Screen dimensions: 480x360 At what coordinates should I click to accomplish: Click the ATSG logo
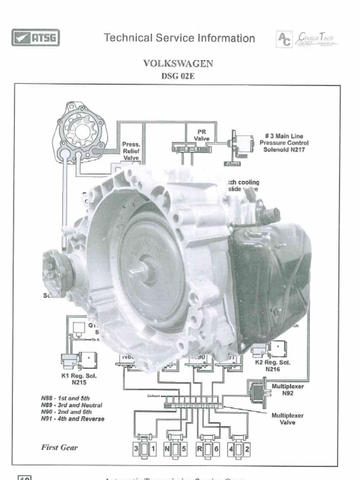point(36,37)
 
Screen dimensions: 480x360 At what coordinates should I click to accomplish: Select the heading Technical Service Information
point(180,38)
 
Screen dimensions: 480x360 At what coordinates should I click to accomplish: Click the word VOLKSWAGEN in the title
point(178,64)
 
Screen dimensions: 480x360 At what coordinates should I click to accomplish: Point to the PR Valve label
point(202,135)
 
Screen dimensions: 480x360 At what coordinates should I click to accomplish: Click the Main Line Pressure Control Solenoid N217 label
point(284,142)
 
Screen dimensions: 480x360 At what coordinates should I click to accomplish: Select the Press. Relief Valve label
point(131,151)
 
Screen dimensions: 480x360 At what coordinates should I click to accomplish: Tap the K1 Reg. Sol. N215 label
point(79,379)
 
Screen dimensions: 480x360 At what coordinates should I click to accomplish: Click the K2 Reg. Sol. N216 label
point(272,366)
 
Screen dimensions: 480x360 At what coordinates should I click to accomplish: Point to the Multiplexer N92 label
point(287,390)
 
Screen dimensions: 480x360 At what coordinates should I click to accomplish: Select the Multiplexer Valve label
point(287,419)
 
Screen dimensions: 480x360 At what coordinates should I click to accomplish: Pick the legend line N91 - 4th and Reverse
point(73,419)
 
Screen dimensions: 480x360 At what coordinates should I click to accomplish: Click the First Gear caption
point(60,447)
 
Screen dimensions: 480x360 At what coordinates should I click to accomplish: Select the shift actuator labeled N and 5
point(176,449)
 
